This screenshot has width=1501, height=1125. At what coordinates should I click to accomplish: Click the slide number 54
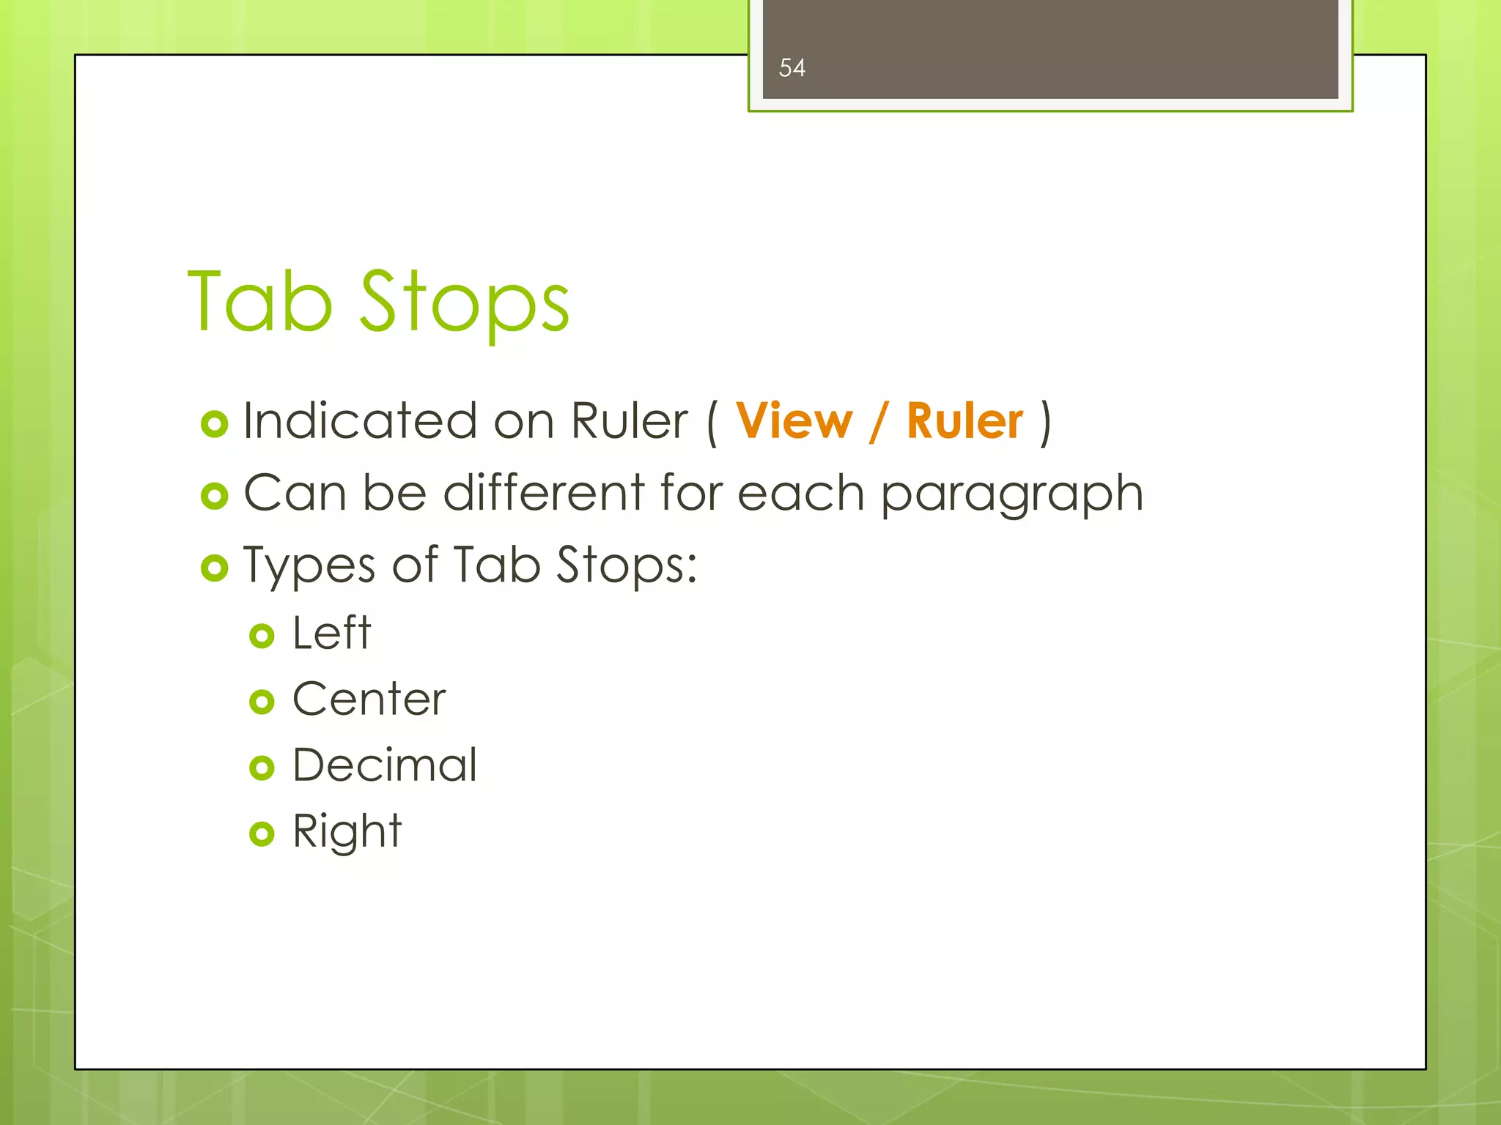pos(792,68)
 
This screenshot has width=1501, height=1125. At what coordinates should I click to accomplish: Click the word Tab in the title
pos(260,302)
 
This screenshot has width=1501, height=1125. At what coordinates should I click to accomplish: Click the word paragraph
pos(1011,494)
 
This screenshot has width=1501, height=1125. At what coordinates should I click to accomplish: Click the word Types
pos(309,566)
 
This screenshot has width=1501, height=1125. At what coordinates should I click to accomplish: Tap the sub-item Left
pos(331,633)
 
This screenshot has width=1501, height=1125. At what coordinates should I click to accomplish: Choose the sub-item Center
pos(369,699)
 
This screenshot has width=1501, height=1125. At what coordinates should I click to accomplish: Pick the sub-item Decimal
pos(385,765)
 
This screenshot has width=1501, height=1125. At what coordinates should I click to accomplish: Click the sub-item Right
pos(347,832)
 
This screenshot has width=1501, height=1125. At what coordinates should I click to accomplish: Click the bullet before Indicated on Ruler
pos(215,424)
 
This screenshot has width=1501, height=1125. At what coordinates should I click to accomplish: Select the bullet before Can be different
pos(215,497)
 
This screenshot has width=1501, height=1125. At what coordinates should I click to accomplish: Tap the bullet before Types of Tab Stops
pos(215,568)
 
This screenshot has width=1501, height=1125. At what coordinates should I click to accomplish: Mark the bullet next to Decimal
pos(262,768)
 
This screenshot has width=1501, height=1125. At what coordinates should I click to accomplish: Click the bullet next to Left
pos(262,636)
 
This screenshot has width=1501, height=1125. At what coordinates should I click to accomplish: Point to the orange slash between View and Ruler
pos(879,422)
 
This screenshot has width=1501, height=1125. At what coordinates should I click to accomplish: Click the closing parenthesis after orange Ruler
pos(1046,423)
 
